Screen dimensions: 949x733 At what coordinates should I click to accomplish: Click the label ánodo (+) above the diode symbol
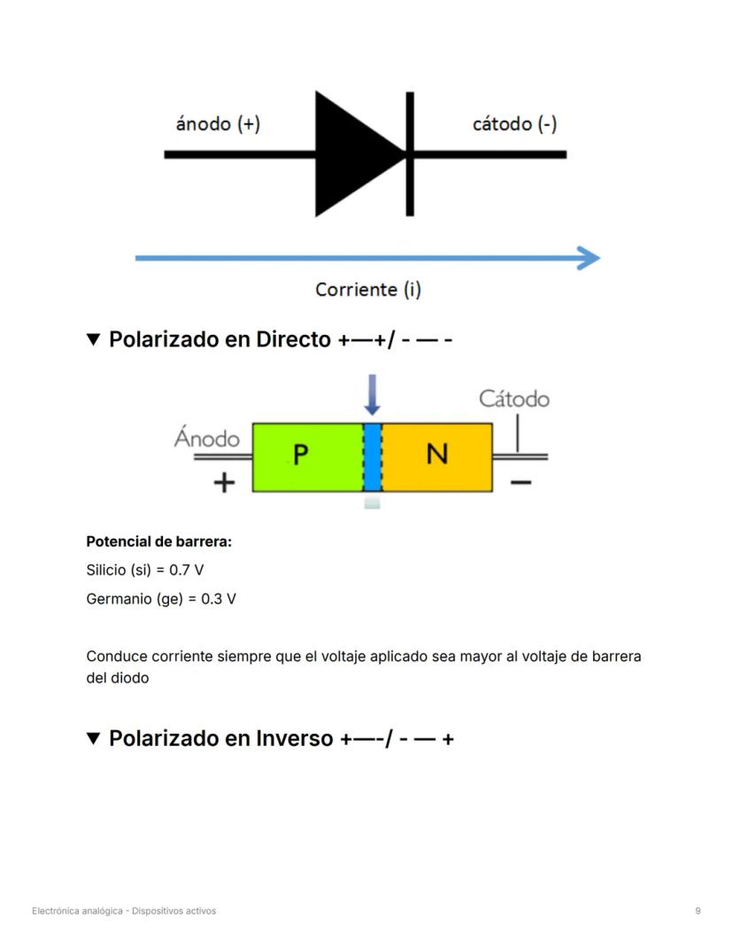(x=218, y=124)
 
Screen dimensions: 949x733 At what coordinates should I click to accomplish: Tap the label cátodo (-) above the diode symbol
(x=514, y=124)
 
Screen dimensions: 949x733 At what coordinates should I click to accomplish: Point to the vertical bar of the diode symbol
(x=410, y=154)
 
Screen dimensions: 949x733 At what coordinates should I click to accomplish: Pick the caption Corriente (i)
(x=367, y=290)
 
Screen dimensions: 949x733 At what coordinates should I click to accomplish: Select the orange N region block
(x=437, y=457)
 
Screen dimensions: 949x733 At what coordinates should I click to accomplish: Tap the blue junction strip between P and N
(x=373, y=457)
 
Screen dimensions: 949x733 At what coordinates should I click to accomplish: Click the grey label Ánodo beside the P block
(x=207, y=439)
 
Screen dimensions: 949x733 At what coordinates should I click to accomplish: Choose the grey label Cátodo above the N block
(x=513, y=399)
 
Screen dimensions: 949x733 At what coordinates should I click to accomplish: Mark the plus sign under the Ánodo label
(x=225, y=482)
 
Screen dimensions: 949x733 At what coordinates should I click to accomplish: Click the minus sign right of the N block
(x=521, y=482)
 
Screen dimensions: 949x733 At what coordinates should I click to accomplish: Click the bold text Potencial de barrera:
(x=146, y=541)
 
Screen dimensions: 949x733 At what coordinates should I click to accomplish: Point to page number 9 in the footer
(x=698, y=910)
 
